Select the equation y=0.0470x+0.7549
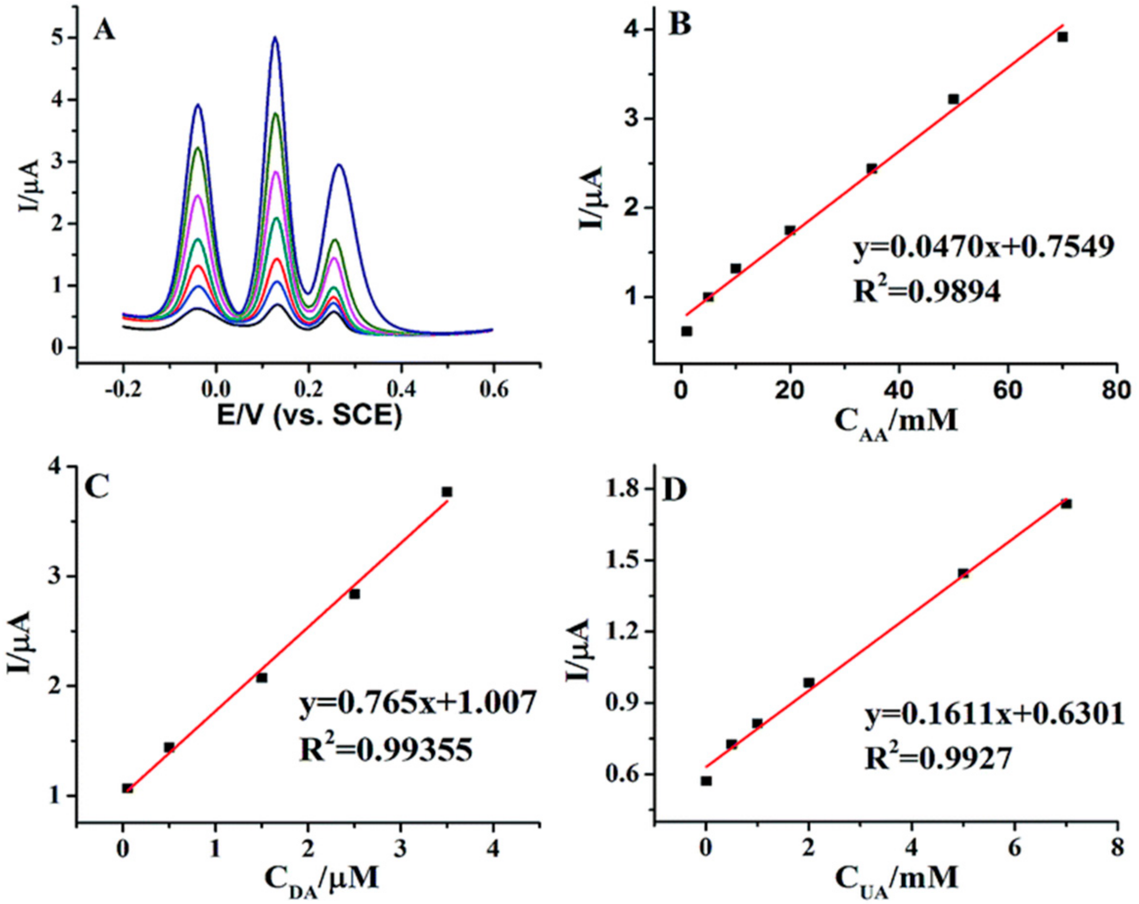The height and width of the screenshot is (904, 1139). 985,247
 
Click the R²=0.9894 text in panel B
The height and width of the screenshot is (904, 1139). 927,290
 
